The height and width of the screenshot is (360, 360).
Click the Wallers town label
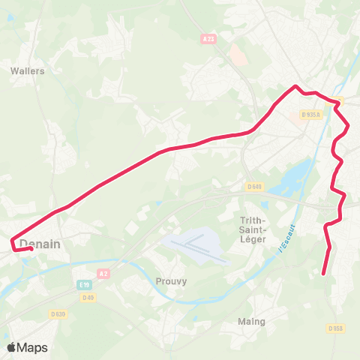28,71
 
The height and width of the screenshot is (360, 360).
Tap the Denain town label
40,244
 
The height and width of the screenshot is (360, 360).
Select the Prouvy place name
171,281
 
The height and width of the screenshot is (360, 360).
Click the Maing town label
251,322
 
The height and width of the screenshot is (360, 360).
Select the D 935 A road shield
310,115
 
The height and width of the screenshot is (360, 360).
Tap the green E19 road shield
83,285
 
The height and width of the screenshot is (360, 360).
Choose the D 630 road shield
58,313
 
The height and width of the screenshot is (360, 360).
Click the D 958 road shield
335,328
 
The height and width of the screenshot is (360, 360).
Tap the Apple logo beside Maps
12,347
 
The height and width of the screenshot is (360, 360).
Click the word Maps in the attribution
33,348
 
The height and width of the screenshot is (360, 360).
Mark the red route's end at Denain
30,249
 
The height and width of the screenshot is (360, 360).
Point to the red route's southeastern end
323,274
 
